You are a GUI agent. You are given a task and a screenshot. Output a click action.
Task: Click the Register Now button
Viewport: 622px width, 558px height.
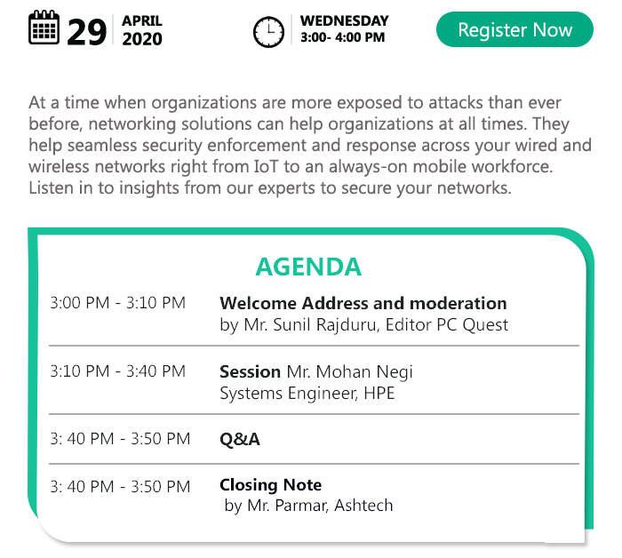pyautogui.click(x=514, y=29)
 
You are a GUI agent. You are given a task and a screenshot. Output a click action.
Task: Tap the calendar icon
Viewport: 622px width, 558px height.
pyautogui.click(x=44, y=28)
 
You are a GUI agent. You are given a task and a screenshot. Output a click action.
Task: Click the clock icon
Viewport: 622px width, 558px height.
pyautogui.click(x=268, y=32)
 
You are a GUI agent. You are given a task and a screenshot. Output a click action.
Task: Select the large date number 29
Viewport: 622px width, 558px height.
pyautogui.click(x=87, y=32)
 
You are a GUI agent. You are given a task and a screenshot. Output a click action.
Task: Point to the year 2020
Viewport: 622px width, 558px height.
pyautogui.click(x=142, y=39)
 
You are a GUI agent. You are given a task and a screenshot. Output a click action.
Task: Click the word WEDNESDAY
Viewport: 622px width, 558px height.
pyautogui.click(x=345, y=20)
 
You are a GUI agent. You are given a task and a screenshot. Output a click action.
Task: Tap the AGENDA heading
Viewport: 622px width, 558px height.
pyautogui.click(x=308, y=267)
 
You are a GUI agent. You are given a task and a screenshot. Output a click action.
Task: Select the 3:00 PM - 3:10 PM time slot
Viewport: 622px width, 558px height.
pyautogui.click(x=118, y=303)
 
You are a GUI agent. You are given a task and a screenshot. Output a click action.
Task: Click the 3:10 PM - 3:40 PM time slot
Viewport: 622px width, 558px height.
pyautogui.click(x=118, y=371)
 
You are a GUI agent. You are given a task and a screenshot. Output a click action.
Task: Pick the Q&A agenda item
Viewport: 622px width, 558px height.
pyautogui.click(x=240, y=439)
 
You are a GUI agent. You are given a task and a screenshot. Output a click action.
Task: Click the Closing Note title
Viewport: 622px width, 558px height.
pyautogui.click(x=270, y=484)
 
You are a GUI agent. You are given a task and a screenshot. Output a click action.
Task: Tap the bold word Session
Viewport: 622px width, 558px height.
pyautogui.click(x=251, y=371)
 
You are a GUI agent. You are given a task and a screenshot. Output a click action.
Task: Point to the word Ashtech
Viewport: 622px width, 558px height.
pyautogui.click(x=363, y=506)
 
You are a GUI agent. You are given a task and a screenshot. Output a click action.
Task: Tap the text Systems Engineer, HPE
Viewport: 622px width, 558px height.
pyautogui.click(x=307, y=394)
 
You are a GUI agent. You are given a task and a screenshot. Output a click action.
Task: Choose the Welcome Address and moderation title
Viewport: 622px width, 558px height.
pyautogui.click(x=363, y=303)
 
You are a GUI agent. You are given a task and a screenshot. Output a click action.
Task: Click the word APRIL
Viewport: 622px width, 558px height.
pyautogui.click(x=142, y=20)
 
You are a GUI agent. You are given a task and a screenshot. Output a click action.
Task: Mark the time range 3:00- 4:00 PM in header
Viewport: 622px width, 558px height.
pyautogui.click(x=343, y=37)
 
